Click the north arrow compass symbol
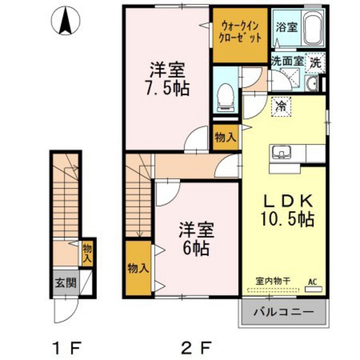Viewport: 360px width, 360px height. (x=66, y=22)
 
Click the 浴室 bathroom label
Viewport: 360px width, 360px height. (x=286, y=27)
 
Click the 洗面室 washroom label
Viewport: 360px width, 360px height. (x=286, y=62)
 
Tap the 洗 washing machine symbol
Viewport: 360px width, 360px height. (x=315, y=62)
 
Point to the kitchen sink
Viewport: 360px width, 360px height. (x=282, y=154)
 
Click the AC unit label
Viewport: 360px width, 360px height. (x=313, y=281)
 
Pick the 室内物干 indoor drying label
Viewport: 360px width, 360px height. (x=273, y=281)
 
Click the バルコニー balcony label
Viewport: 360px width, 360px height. (x=283, y=312)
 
